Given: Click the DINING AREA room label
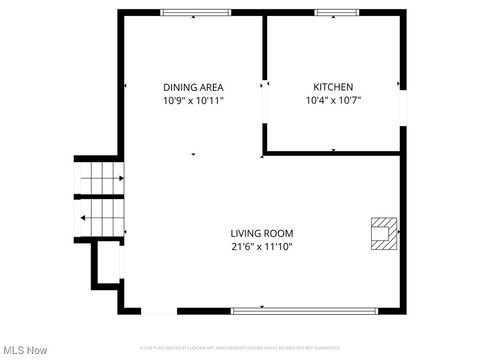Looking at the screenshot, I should click(193, 87).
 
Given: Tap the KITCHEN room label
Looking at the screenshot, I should click(333, 87).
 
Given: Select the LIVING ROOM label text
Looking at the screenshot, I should click(262, 233).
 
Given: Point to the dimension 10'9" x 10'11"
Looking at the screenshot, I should click(193, 101).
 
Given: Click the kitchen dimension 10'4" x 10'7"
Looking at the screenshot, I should click(333, 101).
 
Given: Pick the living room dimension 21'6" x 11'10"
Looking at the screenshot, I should click(262, 246).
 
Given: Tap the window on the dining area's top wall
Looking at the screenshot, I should click(192, 13).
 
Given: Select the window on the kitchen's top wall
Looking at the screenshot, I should click(331, 13).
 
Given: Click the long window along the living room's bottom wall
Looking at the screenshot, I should click(305, 311).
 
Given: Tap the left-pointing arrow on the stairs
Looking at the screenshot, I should click(101, 217).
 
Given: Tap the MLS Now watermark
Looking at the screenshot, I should click(26, 349).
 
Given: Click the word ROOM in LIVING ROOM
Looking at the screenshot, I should click(279, 233).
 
